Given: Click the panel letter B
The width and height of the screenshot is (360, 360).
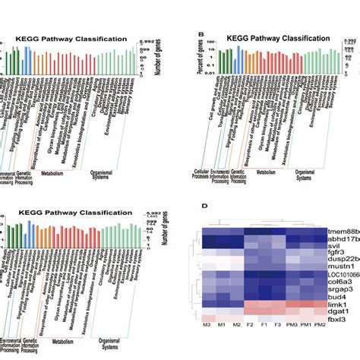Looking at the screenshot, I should [x=200, y=33].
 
